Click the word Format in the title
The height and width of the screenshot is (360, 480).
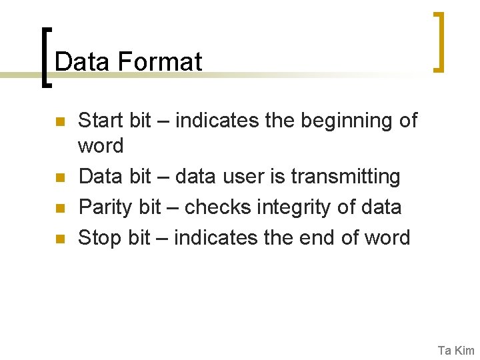(159, 62)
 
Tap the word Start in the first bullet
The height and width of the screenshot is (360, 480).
(101, 121)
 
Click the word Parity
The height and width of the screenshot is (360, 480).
(105, 208)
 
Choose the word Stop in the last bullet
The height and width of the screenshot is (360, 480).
(99, 237)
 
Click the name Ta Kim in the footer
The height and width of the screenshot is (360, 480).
(456, 350)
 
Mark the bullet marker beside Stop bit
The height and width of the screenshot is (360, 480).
(59, 239)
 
